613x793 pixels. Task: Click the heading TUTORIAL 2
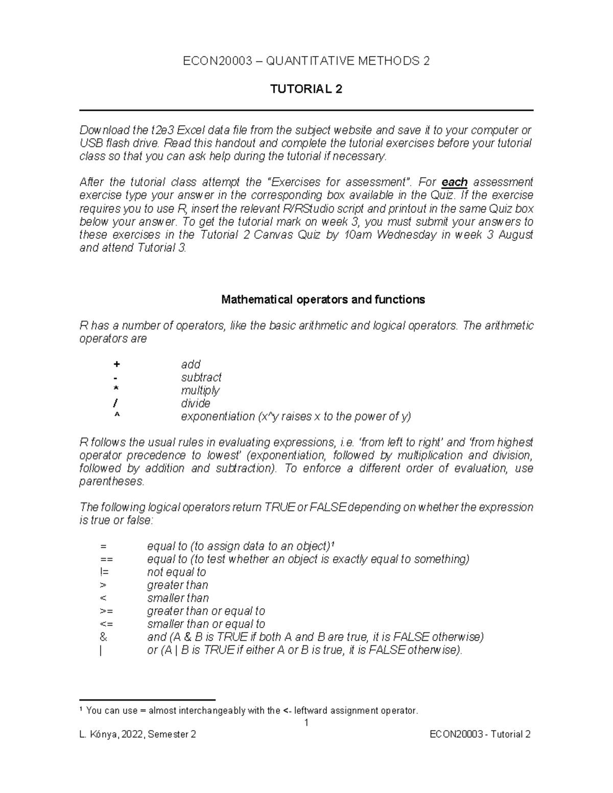coord(306,89)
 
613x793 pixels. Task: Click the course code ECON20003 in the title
coord(218,61)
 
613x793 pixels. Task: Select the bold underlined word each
coord(454,182)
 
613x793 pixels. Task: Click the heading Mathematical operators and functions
coord(323,300)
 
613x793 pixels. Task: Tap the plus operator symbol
coord(117,365)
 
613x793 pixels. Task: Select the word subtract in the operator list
coord(201,377)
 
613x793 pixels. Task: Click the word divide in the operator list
coord(196,403)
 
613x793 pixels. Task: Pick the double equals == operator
coord(107,560)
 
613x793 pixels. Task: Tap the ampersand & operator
coord(104,637)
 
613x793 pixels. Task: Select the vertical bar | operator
coord(102,651)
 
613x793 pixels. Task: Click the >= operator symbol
coord(107,611)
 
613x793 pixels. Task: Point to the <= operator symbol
coord(107,624)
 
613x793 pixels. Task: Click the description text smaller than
coord(178,598)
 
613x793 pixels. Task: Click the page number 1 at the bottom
coord(306,723)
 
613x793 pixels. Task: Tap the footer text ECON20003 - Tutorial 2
coord(480,735)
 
